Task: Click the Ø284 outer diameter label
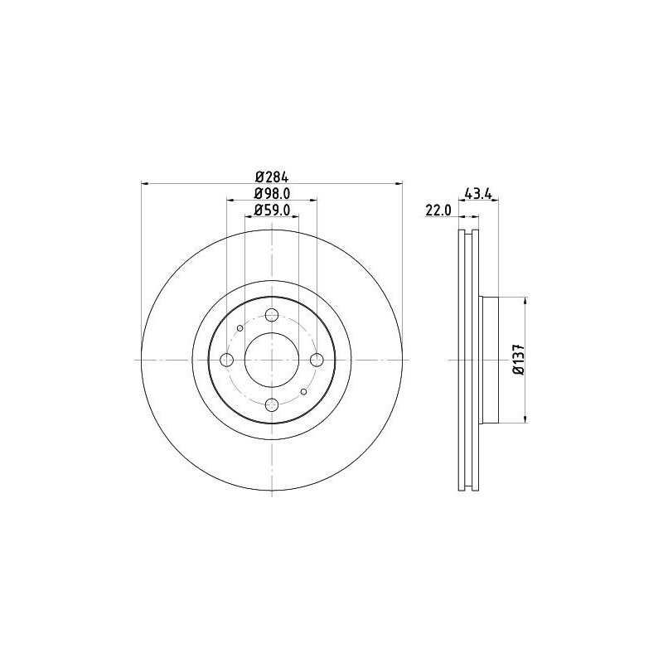tap(271, 176)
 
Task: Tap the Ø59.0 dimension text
tap(271, 211)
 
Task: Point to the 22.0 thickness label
tap(437, 211)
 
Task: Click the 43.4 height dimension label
tap(479, 195)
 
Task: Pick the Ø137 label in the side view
tap(518, 360)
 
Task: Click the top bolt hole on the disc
tap(271, 315)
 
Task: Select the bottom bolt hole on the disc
tap(271, 404)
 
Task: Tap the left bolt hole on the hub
tap(226, 360)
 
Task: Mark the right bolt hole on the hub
tap(316, 360)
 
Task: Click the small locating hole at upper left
tap(240, 328)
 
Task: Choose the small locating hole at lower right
tap(303, 391)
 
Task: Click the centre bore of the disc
tap(271, 360)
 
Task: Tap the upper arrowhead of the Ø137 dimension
tap(525, 301)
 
